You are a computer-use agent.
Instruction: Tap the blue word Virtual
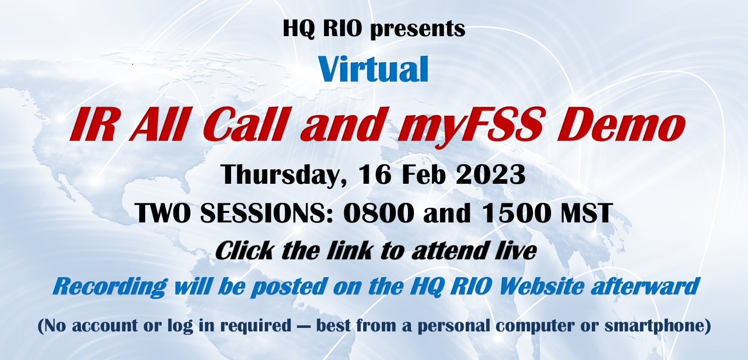pyautogui.click(x=373, y=70)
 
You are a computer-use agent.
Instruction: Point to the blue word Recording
pyautogui.click(x=109, y=286)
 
